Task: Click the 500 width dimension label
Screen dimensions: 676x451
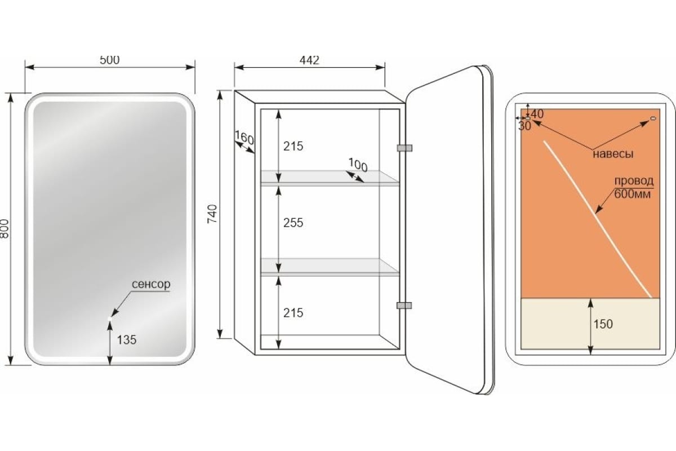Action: (109, 60)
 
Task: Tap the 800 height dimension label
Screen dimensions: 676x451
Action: (5, 229)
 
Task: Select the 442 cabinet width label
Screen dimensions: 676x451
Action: (309, 60)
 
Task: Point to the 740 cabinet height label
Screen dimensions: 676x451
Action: (212, 214)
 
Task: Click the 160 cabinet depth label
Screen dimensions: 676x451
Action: (244, 138)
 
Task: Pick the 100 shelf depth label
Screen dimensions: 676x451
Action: (358, 165)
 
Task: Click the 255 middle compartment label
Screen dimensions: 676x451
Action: (293, 223)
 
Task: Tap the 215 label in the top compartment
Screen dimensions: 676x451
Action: (293, 146)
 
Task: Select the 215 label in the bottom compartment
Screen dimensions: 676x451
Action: (293, 313)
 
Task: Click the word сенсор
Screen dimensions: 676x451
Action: (151, 284)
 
